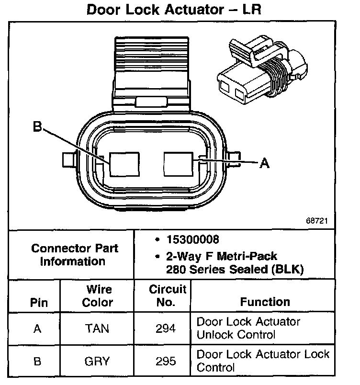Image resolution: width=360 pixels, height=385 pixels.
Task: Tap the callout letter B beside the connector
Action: pos(38,127)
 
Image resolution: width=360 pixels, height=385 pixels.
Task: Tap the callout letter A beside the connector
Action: pos(264,163)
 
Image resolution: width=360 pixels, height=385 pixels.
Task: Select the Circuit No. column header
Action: pos(167,295)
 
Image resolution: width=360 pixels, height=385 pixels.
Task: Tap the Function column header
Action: pos(265,302)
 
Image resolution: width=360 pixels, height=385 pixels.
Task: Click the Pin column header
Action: pos(35,303)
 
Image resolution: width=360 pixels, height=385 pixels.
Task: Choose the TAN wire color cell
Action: pos(97,328)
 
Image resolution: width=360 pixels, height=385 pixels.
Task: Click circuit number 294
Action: pos(166,328)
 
